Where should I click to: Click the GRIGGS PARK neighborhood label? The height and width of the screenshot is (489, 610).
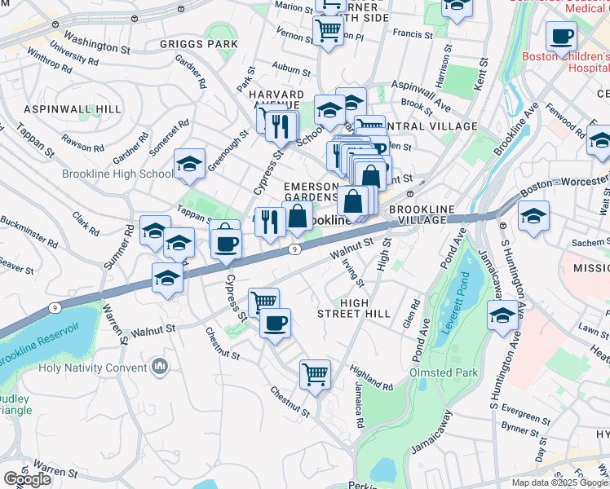click(199, 44)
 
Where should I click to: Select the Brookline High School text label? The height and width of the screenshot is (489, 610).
click(117, 174)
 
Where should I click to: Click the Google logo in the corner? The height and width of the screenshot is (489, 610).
click(27, 479)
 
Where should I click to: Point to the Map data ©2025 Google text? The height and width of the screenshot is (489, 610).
click(559, 482)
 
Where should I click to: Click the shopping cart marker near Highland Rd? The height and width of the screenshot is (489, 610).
click(315, 375)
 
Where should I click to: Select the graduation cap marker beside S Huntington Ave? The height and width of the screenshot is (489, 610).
click(503, 316)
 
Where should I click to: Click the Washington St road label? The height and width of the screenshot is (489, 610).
click(96, 38)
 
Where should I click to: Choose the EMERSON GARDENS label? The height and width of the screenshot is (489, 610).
click(311, 192)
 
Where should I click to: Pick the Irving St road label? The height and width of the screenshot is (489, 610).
click(353, 270)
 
